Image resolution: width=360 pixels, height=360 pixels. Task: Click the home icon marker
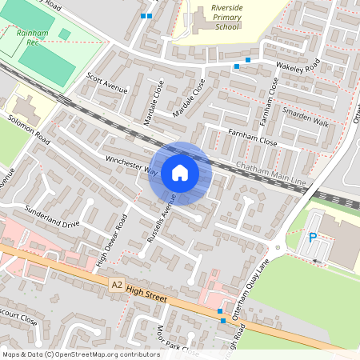(x=180, y=173)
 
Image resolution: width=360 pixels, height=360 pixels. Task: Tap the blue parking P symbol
(x=313, y=237)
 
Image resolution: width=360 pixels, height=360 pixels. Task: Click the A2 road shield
(x=118, y=284)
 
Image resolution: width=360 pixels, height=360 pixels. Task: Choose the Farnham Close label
(x=252, y=137)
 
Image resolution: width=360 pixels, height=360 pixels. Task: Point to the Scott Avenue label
(x=106, y=83)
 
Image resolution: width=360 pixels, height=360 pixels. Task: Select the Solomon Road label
(x=30, y=130)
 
